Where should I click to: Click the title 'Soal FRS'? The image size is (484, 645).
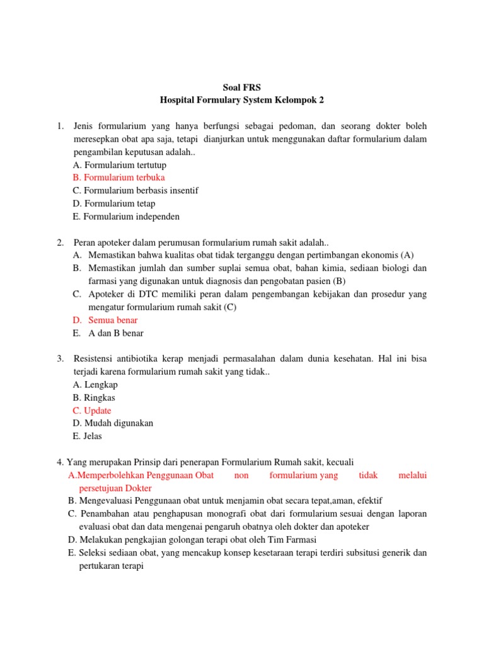pyautogui.click(x=241, y=86)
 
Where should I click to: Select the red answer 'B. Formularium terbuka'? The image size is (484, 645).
pyautogui.click(x=119, y=178)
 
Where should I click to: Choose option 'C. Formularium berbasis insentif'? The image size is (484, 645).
pyautogui.click(x=135, y=190)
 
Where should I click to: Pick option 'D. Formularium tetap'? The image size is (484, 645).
pyautogui.click(x=114, y=203)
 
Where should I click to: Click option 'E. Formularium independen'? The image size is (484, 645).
pyautogui.click(x=126, y=217)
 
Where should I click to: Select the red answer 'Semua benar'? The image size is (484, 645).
pyautogui.click(x=113, y=320)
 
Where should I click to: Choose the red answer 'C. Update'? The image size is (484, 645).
pyautogui.click(x=92, y=411)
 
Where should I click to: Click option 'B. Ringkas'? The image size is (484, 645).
pyautogui.click(x=94, y=397)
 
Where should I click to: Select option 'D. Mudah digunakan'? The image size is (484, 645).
pyautogui.click(x=113, y=423)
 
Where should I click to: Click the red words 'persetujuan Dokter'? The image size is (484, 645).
pyautogui.click(x=115, y=488)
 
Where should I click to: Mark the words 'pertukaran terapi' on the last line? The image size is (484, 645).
pyautogui.click(x=112, y=566)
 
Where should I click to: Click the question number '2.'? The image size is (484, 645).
pyautogui.click(x=60, y=243)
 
